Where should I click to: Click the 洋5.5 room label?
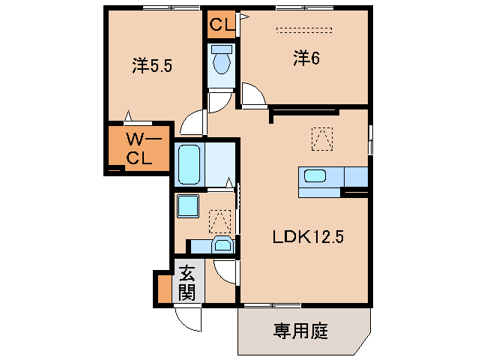click(x=153, y=66)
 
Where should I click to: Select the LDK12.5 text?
click(x=307, y=238)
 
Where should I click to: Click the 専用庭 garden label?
click(x=300, y=330)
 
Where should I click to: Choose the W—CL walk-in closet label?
click(x=139, y=148)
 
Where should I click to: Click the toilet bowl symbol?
click(x=222, y=61)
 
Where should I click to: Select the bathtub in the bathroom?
click(x=188, y=163)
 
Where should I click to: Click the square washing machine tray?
click(x=186, y=205)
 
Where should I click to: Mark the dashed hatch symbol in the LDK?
click(x=321, y=137)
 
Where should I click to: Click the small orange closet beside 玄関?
click(x=163, y=288)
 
